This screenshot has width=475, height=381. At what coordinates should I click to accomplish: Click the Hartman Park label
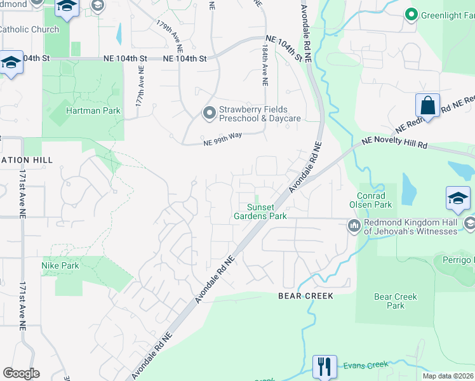[93, 110]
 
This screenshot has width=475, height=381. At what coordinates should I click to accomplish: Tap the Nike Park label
[60, 265]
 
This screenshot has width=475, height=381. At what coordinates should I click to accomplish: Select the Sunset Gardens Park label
[267, 212]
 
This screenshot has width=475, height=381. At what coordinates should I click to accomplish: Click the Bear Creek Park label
[396, 301]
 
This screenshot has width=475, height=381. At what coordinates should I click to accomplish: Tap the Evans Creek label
[365, 364]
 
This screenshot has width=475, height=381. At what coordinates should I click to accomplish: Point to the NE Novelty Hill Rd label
[394, 143]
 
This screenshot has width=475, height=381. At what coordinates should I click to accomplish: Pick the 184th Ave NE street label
[265, 68]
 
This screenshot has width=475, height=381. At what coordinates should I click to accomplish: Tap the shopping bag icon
[428, 105]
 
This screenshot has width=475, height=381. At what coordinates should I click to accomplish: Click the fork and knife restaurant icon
[324, 366]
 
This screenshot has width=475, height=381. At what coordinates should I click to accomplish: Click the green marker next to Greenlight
[411, 14]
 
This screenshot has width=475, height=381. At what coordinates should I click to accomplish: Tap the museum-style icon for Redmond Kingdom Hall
[354, 225]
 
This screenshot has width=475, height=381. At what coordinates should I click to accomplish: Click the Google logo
[21, 373]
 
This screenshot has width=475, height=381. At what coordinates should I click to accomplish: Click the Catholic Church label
[29, 29]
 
